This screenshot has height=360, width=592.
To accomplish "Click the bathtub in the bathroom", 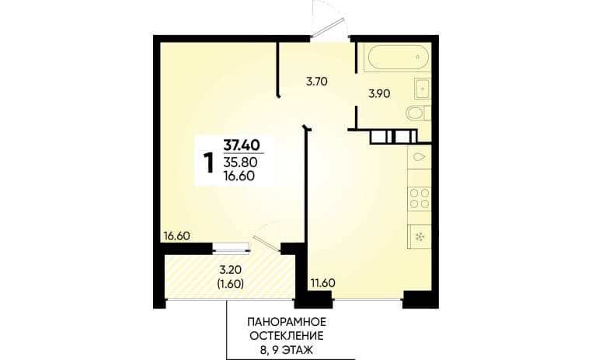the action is (398, 57).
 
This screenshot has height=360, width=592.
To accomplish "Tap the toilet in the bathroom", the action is (418, 114).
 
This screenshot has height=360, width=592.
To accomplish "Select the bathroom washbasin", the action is (423, 89).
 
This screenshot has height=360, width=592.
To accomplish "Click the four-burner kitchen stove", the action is (420, 198).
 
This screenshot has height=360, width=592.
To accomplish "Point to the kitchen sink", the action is (420, 157).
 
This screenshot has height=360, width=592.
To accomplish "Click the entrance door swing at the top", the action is (328, 19).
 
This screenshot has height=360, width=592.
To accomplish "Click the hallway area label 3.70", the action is (316, 82).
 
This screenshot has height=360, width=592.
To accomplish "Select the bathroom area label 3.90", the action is (379, 93).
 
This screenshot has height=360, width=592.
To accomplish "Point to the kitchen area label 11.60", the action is (323, 282).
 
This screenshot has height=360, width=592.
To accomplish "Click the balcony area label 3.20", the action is (231, 270).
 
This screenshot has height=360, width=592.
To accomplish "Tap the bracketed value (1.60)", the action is (231, 283).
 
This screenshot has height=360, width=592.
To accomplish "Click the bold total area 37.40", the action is (242, 145).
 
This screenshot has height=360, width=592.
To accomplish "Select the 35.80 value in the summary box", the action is (241, 163).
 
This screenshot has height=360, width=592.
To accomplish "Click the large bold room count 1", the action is (208, 163).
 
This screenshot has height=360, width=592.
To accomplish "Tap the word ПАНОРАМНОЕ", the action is (287, 322).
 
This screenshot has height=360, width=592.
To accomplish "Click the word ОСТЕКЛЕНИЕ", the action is (287, 336).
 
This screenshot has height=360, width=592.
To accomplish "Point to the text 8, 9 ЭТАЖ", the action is (287, 350).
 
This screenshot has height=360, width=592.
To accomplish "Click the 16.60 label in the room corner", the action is (176, 236).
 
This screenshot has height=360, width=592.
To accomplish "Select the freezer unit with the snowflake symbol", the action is (420, 236).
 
